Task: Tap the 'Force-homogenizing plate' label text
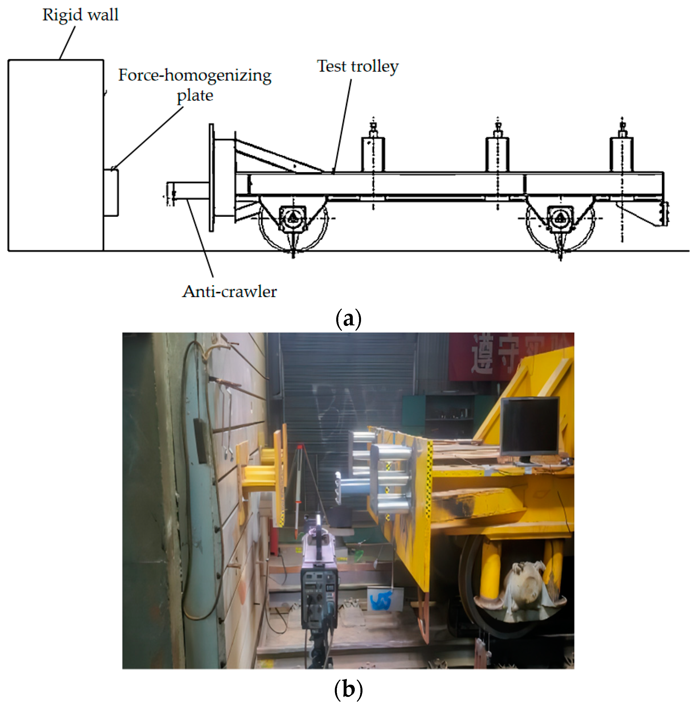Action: (x=195, y=85)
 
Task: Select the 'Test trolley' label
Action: (x=357, y=67)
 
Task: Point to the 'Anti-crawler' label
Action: (x=229, y=292)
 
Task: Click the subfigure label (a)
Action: (x=348, y=319)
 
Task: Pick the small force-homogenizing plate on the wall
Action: (x=111, y=193)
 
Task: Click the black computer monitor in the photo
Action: (x=529, y=427)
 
